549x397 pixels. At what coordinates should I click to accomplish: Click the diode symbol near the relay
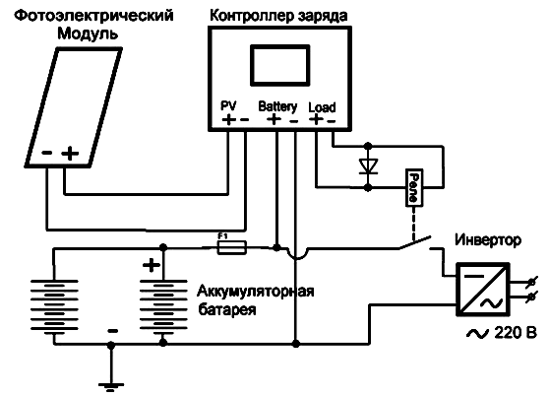[368, 165]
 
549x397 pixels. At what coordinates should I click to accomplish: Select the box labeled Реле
[414, 188]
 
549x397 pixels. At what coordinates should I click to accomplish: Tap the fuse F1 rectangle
[232, 247]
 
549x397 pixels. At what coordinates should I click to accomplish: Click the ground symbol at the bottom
[111, 387]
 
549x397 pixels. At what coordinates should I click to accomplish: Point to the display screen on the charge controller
[280, 65]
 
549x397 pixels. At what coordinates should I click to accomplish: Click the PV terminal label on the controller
[228, 105]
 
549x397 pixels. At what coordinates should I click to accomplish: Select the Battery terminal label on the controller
[277, 106]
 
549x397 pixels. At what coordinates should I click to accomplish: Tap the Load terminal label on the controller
[322, 107]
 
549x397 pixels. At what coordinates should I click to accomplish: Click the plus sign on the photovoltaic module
[71, 154]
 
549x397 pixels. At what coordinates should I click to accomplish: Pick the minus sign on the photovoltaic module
[47, 153]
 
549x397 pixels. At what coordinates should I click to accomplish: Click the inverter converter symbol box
[483, 289]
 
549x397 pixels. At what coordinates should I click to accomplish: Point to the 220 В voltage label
[516, 332]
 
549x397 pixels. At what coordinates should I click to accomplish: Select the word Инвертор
[488, 240]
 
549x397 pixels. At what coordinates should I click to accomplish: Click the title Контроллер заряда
[278, 16]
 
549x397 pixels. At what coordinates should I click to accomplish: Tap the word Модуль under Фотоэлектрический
[88, 34]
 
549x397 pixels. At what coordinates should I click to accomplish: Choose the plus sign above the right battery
[152, 265]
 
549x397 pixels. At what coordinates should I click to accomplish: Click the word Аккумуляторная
[256, 292]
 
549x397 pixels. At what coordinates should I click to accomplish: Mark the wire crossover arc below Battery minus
[296, 254]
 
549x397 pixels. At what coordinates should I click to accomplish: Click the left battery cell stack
[54, 304]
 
